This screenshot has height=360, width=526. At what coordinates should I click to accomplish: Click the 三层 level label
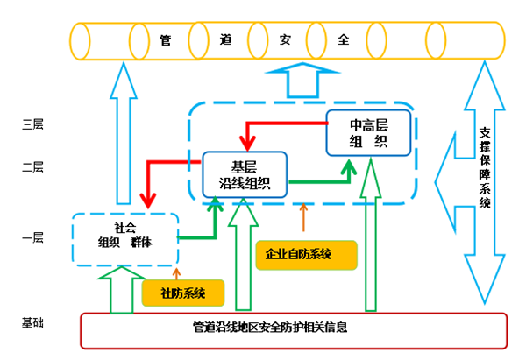(32, 124)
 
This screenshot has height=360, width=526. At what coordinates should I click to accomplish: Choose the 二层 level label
(32, 166)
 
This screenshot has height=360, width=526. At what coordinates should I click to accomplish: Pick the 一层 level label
(32, 237)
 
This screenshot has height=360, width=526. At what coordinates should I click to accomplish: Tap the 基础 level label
(32, 323)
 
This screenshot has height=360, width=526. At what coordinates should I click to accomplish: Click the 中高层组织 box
(368, 132)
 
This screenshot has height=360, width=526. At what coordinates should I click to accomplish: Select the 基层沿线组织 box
(245, 174)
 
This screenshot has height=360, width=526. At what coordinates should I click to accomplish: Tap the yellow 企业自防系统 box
(299, 254)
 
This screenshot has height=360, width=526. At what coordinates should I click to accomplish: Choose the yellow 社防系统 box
(182, 292)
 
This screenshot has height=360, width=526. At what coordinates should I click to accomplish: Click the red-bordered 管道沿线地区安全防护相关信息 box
(294, 329)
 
